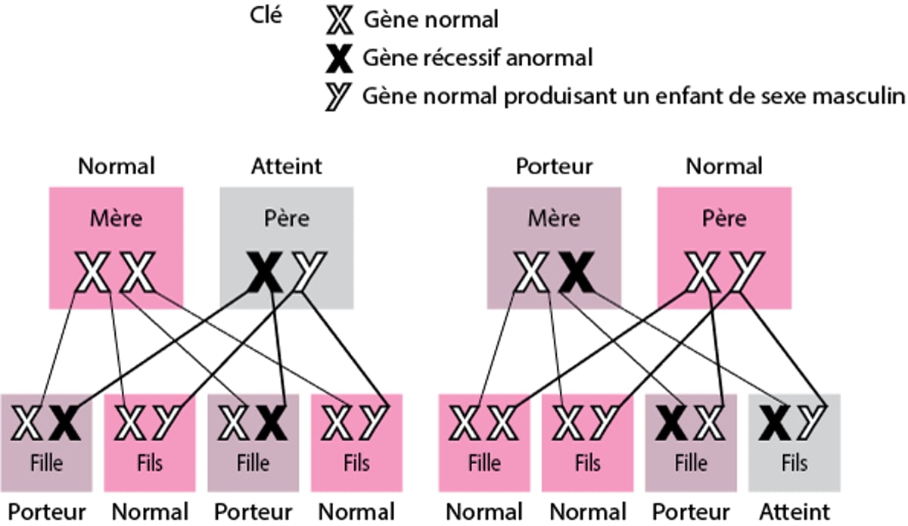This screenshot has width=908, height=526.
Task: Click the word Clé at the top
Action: pyautogui.click(x=265, y=15)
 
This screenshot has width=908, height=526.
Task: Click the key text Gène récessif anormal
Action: pyautogui.click(x=477, y=58)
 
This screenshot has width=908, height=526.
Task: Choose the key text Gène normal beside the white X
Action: pyautogui.click(x=431, y=20)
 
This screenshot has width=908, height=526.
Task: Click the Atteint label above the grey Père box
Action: pyautogui.click(x=287, y=166)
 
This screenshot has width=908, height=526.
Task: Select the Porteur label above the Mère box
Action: pyautogui.click(x=554, y=166)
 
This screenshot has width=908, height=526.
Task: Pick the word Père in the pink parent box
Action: pyautogui.click(x=724, y=219)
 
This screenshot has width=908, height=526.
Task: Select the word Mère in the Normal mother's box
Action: pyautogui.click(x=116, y=219)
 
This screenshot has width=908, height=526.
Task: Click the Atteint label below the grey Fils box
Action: pyautogui.click(x=794, y=511)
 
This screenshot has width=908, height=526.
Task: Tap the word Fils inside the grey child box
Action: pyautogui.click(x=794, y=462)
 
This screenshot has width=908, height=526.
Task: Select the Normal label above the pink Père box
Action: pyautogui.click(x=724, y=166)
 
